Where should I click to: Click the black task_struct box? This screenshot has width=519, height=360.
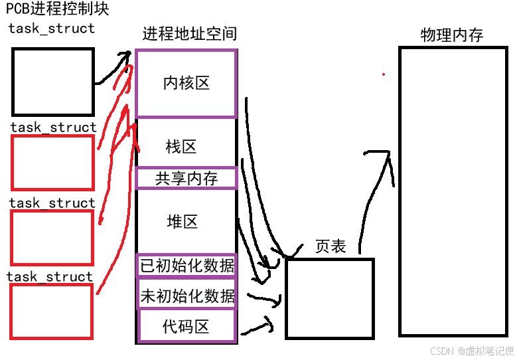(x=52, y=82)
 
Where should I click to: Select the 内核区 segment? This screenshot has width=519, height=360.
(x=186, y=83)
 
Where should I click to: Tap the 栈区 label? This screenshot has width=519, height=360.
(x=181, y=146)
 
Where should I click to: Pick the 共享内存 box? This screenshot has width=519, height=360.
(x=186, y=178)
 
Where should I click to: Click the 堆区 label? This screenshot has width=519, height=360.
(x=183, y=221)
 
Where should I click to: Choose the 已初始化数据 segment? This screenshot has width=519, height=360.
(x=186, y=265)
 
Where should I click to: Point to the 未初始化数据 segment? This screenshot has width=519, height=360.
(x=186, y=296)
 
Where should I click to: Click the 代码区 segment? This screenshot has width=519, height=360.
(x=186, y=326)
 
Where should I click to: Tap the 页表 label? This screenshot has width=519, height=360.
(x=331, y=246)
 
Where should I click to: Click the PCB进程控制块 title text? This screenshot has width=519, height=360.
(x=57, y=9)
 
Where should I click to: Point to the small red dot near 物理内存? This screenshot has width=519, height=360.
(x=383, y=74)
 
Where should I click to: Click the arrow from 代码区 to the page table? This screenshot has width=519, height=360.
(x=258, y=326)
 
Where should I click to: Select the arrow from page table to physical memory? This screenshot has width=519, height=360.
(x=375, y=193)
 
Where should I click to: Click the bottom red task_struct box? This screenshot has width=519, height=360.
(x=51, y=312)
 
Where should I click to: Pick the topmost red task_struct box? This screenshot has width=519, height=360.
(x=52, y=163)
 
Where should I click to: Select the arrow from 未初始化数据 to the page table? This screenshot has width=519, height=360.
(x=264, y=300)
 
